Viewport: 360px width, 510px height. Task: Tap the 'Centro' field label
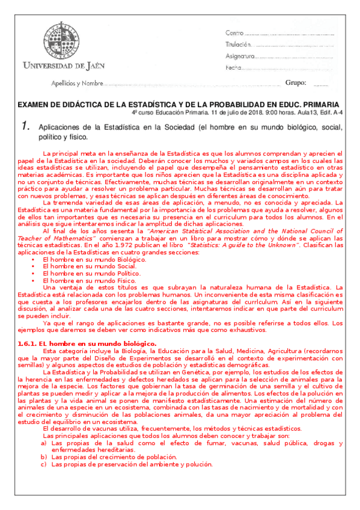[x=234, y=32]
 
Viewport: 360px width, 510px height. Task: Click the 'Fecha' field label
[x=233, y=68]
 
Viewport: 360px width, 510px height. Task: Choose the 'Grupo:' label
[x=295, y=82]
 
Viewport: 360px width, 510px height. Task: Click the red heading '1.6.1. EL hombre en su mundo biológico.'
[x=88, y=343]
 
